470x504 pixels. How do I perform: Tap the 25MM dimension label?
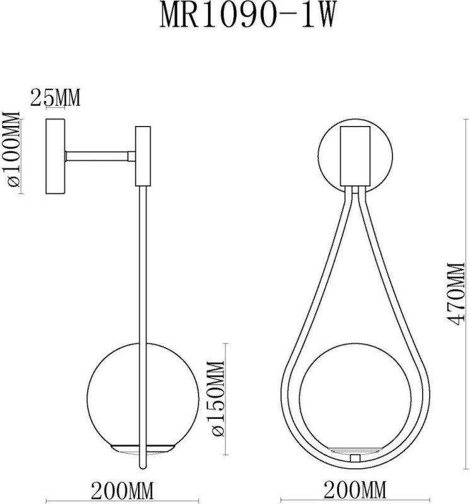click(55, 98)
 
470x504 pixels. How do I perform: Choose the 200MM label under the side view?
click(123, 489)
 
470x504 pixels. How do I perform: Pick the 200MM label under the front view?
click(355, 489)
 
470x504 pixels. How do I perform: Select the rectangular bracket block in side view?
click(143, 156)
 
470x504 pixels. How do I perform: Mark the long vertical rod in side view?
click(143, 283)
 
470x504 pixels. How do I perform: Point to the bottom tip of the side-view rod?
click(143, 467)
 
